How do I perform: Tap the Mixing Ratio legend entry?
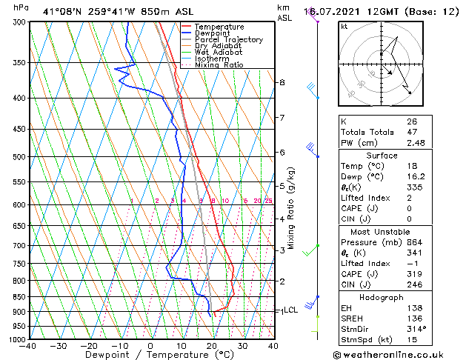(x=219, y=65)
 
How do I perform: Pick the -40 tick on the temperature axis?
(x=28, y=346)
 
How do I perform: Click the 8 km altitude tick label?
(x=282, y=82)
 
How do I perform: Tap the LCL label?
(x=290, y=310)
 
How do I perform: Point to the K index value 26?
(x=412, y=121)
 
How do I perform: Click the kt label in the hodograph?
(x=344, y=27)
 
